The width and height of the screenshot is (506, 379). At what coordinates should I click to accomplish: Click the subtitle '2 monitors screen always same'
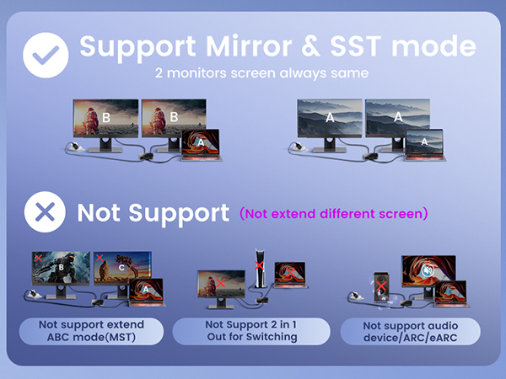pos(262,73)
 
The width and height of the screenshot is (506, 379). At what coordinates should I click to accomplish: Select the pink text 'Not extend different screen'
pos(333,213)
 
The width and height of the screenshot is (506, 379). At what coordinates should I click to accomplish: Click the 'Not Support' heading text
pos(153,212)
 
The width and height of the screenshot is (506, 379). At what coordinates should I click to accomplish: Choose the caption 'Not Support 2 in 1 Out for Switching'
pos(252,331)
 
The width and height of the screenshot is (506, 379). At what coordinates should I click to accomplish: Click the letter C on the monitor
pos(123,270)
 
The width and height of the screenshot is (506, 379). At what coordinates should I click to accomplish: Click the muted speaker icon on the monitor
pos(431,271)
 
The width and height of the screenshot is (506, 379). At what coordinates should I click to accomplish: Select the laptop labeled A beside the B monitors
pos(199,144)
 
